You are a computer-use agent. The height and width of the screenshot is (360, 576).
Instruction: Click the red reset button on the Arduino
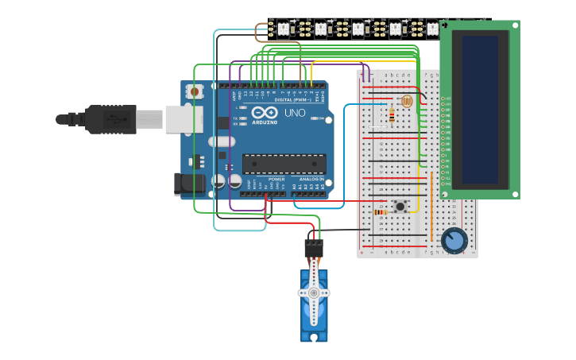coord(195,92)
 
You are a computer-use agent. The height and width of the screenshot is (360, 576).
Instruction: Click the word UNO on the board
coord(294,113)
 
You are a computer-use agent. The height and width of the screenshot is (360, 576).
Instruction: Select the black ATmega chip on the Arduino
coord(284,164)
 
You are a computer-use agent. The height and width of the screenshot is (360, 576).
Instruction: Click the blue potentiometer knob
coord(454,240)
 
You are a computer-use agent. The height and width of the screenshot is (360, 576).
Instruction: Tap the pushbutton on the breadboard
coord(400,207)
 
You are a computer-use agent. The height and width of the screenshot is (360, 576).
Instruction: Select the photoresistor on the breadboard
coord(407,101)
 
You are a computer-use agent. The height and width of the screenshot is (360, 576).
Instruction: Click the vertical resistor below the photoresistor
coord(391,116)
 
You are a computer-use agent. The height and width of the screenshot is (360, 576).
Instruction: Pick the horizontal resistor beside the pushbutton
coord(381,212)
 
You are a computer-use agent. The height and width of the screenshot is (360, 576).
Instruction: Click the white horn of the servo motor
coord(314,293)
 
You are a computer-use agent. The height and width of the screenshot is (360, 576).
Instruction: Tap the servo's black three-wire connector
coord(314,248)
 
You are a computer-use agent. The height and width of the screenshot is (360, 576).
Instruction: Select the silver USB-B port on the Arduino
coord(180,119)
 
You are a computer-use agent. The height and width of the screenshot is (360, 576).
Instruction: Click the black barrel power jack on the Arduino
coord(189,184)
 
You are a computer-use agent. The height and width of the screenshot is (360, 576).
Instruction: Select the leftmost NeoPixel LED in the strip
coord(283,29)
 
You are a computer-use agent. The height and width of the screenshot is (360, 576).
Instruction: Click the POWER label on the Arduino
coord(276,180)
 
